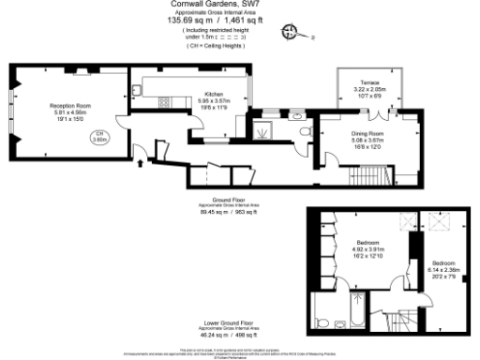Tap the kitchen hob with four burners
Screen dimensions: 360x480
[x=165, y=100]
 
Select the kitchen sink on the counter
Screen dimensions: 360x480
[x=137, y=89]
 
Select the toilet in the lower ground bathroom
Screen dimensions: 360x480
[x=322, y=323]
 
